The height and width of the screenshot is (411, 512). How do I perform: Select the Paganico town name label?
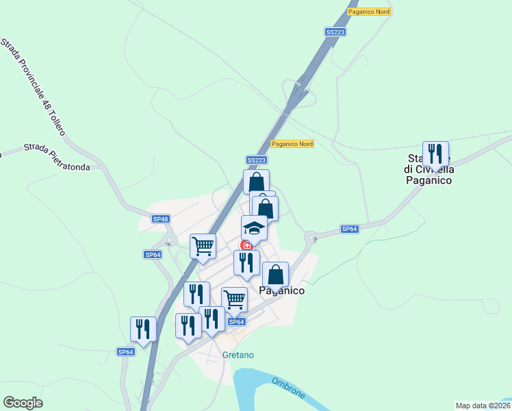tap(281, 290)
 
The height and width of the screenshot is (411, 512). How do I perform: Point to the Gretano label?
tap(238, 355)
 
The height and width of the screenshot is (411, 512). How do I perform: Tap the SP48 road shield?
tap(160, 219)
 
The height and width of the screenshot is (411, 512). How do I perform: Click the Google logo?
tap(23, 403)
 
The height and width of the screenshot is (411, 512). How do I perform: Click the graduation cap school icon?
tap(254, 227)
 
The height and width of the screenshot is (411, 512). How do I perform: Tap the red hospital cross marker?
tap(247, 245)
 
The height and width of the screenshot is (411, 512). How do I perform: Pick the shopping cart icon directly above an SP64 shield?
tap(234, 299)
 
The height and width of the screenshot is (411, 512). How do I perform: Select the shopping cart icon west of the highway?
tap(203, 246)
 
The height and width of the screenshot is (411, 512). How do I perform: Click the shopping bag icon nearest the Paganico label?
tap(275, 275)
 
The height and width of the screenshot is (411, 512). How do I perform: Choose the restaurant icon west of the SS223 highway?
tap(144, 329)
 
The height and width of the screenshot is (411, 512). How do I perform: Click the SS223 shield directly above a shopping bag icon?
tap(256, 160)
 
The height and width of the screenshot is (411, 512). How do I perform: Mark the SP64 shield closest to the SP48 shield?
tap(152, 254)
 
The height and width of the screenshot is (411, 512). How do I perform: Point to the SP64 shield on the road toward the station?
tap(350, 229)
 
